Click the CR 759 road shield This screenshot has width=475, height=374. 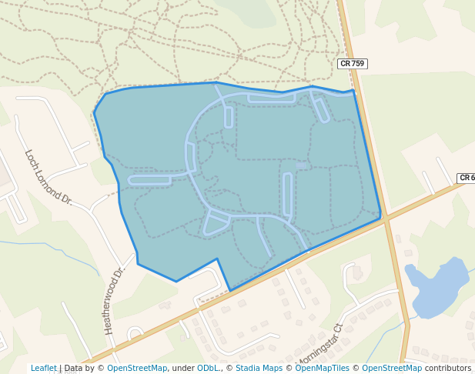pyautogui.click(x=353, y=64)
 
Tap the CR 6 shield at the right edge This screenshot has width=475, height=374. pyautogui.click(x=467, y=178)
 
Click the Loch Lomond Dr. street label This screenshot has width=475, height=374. pyautogui.click(x=48, y=177)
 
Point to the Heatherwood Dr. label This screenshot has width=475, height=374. pyautogui.click(x=113, y=300)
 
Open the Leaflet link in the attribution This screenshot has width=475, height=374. pyautogui.click(x=44, y=368)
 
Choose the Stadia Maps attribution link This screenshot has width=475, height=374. pyautogui.click(x=258, y=368)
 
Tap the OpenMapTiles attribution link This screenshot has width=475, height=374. pyautogui.click(x=322, y=368)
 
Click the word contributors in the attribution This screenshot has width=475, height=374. pyautogui.click(x=448, y=368)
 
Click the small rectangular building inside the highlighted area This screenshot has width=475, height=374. pyautogui.click(x=302, y=165)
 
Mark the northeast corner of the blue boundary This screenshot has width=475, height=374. pyautogui.click(x=353, y=91)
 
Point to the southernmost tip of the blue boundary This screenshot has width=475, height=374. pyautogui.click(x=231, y=291)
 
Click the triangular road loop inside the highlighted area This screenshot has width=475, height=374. pyautogui.click(x=216, y=222)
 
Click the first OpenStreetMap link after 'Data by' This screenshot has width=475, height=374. pyautogui.click(x=137, y=368)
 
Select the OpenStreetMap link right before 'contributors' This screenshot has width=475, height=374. pyautogui.click(x=392, y=368)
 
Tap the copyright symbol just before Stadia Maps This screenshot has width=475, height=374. pyautogui.click(x=229, y=368)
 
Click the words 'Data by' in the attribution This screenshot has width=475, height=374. pyautogui.click(x=81, y=368)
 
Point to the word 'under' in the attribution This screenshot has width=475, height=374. pyautogui.click(x=183, y=368)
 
